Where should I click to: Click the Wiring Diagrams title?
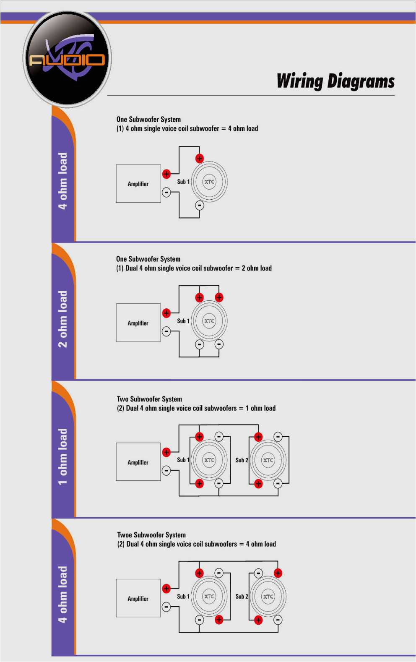(335, 81)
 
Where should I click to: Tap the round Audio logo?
(67, 59)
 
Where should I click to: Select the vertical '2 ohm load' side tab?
(62, 319)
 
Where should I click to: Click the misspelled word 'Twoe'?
(125, 535)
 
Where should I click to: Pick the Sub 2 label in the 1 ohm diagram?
(242, 460)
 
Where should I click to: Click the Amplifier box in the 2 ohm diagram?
(138, 323)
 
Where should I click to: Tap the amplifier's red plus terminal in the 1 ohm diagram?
(166, 452)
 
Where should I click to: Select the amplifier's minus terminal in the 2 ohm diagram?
(166, 331)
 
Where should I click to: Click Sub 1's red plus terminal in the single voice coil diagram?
(200, 159)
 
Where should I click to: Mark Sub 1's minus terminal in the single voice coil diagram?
(200, 206)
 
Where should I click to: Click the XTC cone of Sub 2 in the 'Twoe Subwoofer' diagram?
(268, 596)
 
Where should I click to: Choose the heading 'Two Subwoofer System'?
(149, 399)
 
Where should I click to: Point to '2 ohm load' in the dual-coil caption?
(257, 268)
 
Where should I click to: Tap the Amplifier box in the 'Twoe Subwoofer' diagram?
(138, 598)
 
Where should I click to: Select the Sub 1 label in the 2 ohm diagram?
(183, 321)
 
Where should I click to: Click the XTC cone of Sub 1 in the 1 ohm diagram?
(209, 460)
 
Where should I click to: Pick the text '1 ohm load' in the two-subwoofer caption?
(260, 408)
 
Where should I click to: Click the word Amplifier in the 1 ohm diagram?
(138, 462)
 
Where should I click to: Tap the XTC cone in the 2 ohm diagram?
(209, 321)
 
